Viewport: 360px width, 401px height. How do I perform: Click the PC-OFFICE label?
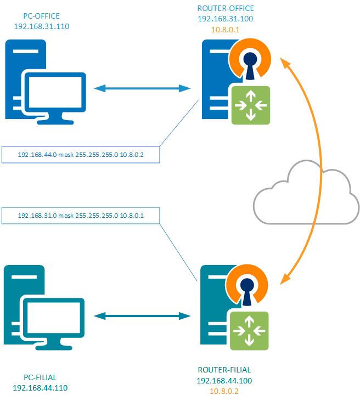tap(40, 16)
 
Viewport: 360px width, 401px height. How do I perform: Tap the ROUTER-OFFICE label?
tap(226, 8)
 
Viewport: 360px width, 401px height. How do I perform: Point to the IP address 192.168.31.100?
tap(226, 19)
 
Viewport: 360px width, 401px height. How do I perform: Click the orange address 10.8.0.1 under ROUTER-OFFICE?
tap(226, 29)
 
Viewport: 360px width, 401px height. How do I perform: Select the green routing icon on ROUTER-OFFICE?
tap(250, 104)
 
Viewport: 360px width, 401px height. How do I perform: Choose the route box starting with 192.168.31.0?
tap(81, 216)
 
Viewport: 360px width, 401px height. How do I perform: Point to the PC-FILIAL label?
tap(40, 377)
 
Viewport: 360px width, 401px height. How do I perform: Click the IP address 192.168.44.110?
tap(40, 387)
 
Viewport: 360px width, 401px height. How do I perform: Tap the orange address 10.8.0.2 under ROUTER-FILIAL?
tap(224, 391)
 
